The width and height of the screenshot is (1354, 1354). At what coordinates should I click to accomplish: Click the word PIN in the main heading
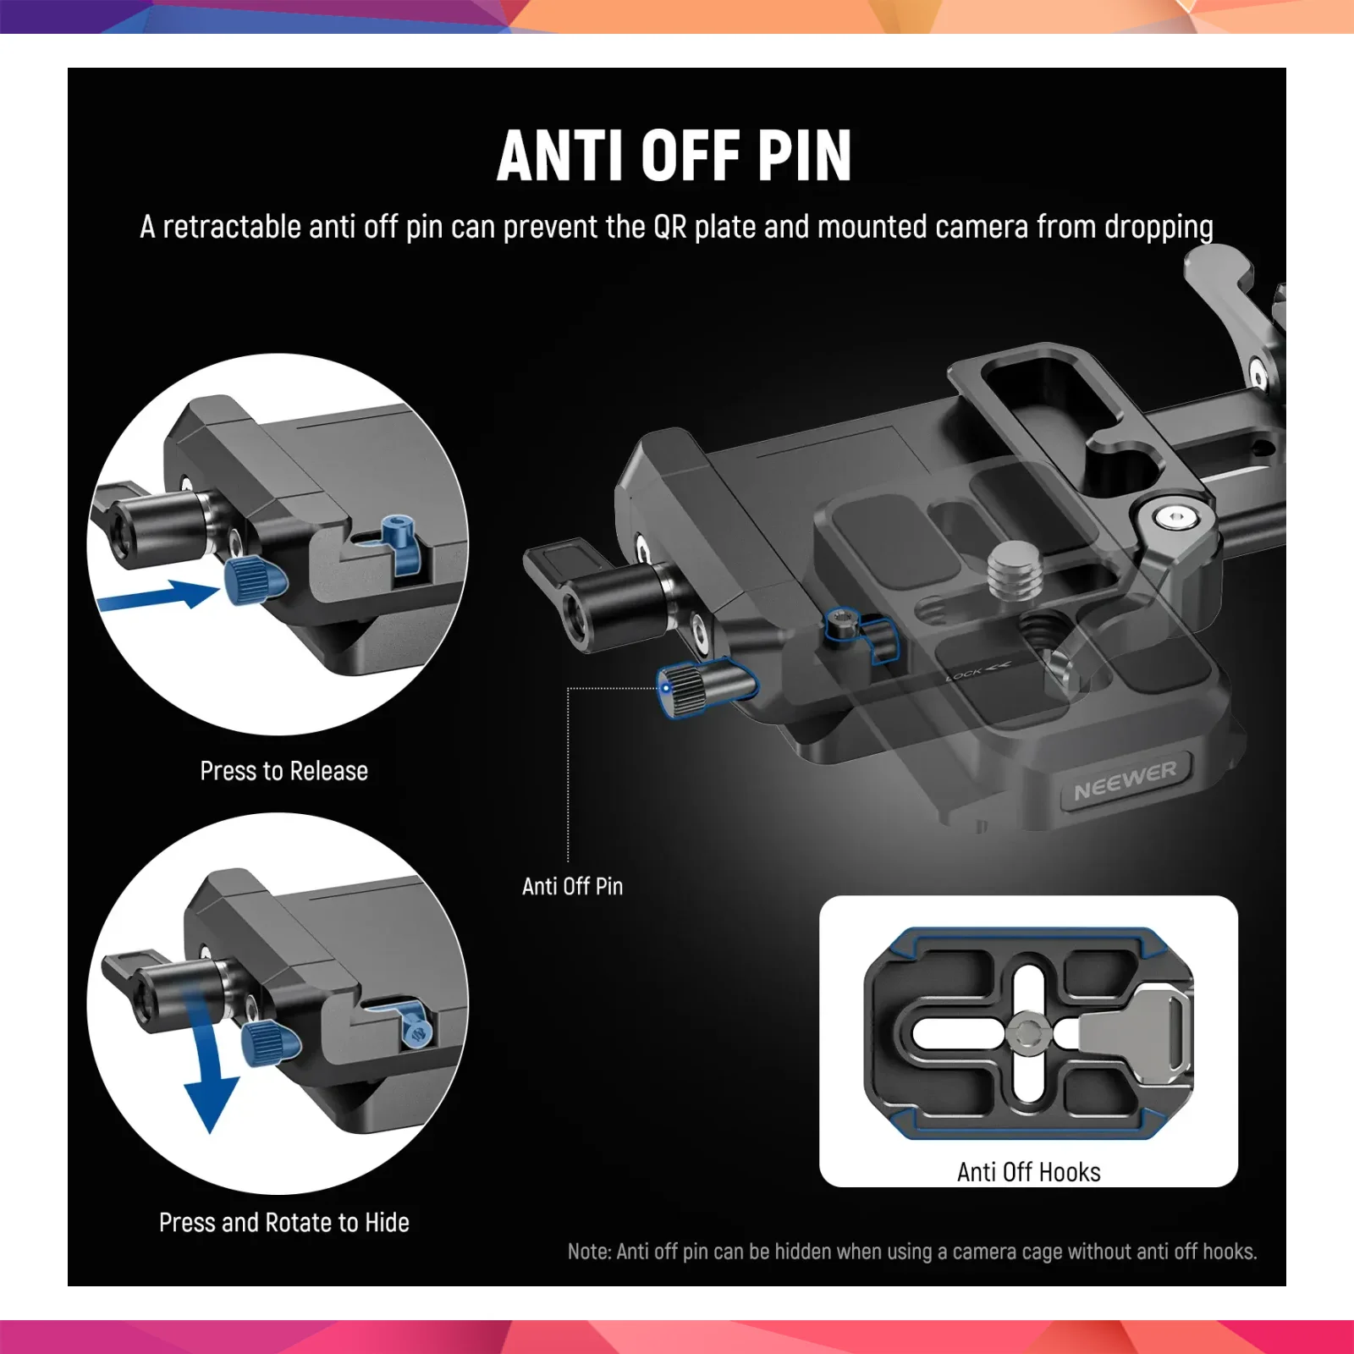(x=804, y=156)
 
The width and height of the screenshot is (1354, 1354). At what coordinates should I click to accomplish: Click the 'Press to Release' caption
(x=284, y=771)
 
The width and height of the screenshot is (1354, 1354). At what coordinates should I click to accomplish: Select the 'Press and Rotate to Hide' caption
(x=284, y=1223)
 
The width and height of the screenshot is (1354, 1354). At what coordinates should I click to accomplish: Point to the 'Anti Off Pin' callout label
(x=573, y=886)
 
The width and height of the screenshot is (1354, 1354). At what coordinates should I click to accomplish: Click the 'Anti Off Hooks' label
(x=1029, y=1172)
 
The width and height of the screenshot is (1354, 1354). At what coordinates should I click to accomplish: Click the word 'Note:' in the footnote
(x=589, y=1252)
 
